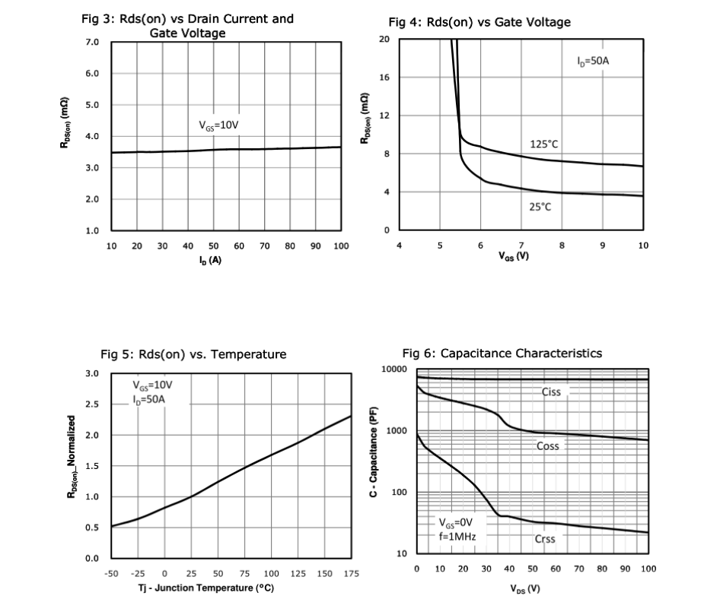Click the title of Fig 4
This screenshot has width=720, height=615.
(x=479, y=22)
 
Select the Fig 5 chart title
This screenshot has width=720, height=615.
(x=193, y=353)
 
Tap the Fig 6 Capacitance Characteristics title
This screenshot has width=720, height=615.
(x=502, y=353)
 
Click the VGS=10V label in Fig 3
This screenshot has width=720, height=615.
(x=219, y=125)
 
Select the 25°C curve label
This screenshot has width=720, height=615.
(x=540, y=207)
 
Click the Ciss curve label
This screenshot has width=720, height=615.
(x=552, y=392)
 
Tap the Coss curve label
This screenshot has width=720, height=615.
(x=548, y=446)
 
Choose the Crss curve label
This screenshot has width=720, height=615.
(x=545, y=539)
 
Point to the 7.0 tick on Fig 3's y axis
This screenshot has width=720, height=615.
(x=91, y=41)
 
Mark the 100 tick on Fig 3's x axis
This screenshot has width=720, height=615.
(x=340, y=246)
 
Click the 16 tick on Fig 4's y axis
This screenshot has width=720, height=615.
(x=385, y=78)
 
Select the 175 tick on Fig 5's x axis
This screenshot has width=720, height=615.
(x=351, y=573)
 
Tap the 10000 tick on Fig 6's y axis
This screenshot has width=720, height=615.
(x=396, y=369)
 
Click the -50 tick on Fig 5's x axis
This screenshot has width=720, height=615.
(x=111, y=573)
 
